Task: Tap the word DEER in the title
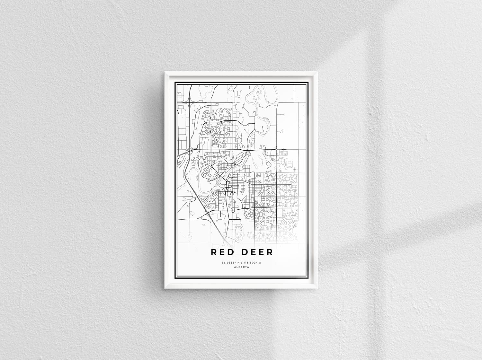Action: (257, 252)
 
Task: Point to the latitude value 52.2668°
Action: (228, 263)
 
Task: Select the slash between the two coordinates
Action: (241, 263)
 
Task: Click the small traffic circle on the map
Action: (232, 211)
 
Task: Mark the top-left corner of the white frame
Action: (165, 72)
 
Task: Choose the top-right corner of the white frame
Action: (318, 72)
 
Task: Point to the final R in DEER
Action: (269, 252)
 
